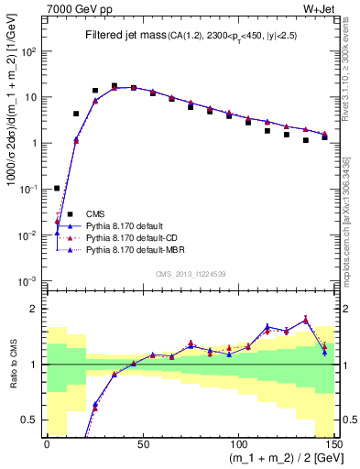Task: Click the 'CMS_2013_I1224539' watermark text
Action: coord(191,273)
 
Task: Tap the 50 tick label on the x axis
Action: coord(142,442)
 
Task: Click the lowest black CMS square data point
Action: coord(57,188)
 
